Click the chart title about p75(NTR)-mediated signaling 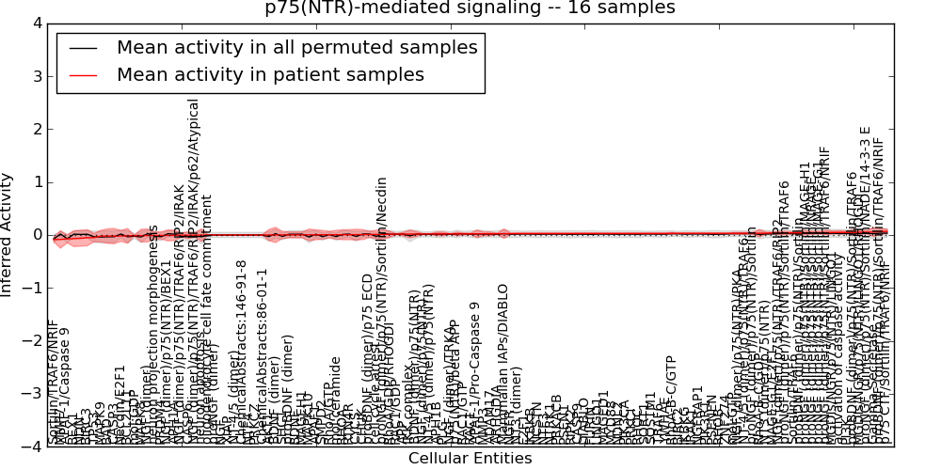[x=469, y=8]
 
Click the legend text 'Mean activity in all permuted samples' [x=296, y=47]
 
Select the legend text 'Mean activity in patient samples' [x=270, y=74]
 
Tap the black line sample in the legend [x=83, y=47]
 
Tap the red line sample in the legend [x=83, y=74]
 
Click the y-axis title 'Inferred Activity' [x=8, y=235]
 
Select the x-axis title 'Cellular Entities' [x=470, y=459]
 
